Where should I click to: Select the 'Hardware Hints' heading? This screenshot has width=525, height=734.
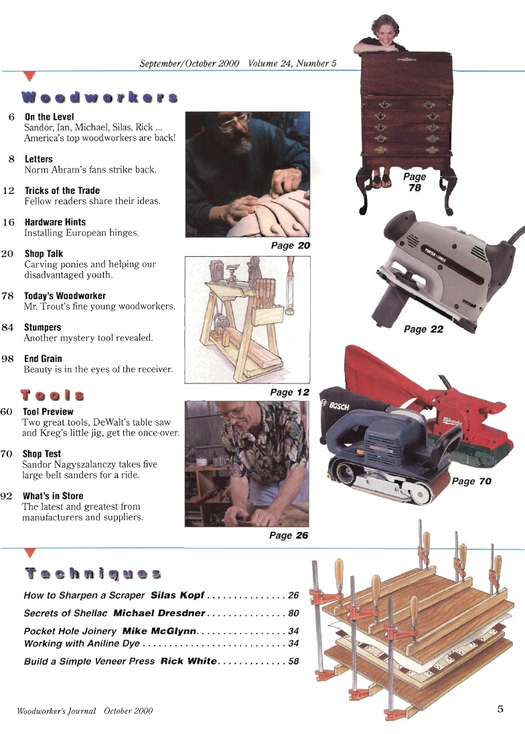click(55, 222)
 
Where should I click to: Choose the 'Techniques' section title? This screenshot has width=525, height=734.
click(93, 573)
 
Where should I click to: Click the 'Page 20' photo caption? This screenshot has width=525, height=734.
click(290, 246)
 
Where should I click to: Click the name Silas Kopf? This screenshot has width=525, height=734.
click(177, 595)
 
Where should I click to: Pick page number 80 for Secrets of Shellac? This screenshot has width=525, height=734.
click(293, 613)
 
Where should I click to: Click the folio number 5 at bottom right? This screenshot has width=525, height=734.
click(500, 709)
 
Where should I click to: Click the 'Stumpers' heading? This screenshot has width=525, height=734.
click(42, 327)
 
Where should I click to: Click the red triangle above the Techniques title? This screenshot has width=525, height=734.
click(28, 553)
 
